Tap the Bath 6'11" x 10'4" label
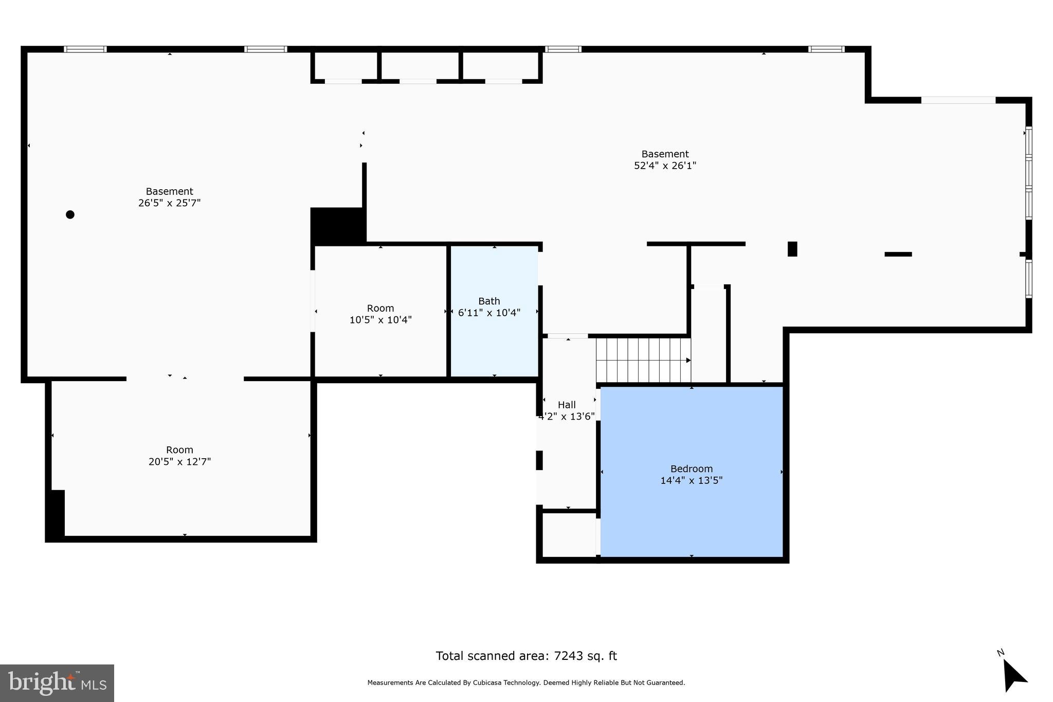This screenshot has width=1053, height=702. (489, 307)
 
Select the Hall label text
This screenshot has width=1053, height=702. (567, 405)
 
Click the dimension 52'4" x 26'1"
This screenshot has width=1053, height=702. (665, 166)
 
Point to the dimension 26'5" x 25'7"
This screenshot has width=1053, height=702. (169, 203)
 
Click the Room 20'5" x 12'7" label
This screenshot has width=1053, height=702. (179, 456)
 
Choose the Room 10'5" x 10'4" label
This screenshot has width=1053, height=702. (380, 314)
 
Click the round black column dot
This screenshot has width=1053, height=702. (70, 214)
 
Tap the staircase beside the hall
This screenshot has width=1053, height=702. (643, 360)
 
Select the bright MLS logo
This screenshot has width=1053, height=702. (57, 683)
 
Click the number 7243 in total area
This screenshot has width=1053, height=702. (568, 656)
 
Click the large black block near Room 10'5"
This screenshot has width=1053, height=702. (338, 225)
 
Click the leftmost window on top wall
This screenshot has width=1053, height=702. (85, 49)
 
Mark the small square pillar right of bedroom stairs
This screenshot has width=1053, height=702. (792, 249)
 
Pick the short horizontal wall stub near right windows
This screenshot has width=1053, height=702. (898, 254)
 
